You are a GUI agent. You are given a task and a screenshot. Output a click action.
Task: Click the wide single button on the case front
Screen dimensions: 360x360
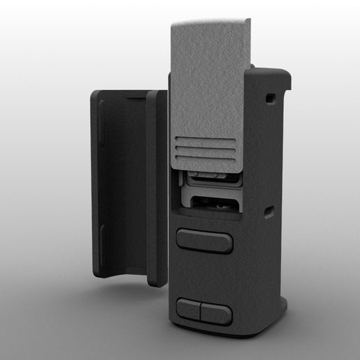(204, 240)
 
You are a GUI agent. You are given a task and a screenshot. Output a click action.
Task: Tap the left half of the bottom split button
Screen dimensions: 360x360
(189, 310)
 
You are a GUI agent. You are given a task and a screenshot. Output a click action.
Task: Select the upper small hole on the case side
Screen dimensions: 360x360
(269, 99)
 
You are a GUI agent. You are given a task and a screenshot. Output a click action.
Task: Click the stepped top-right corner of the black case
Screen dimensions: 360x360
(282, 73)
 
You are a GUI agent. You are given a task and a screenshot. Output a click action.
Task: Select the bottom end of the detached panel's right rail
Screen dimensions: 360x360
(155, 280)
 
